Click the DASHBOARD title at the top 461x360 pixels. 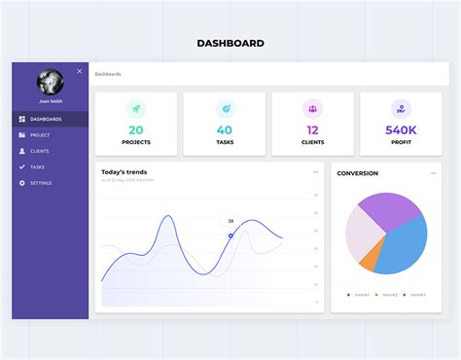click(230, 43)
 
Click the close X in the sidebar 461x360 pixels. click(80, 71)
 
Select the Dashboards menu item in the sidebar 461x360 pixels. click(46, 119)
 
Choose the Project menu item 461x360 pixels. click(40, 135)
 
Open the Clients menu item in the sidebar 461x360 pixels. click(40, 151)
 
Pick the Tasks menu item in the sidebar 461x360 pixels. click(37, 166)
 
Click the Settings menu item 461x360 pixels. click(41, 183)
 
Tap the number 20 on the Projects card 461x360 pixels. click(136, 129)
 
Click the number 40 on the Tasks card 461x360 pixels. click(225, 129)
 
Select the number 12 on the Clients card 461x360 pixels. click(312, 129)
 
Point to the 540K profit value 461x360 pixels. click(401, 129)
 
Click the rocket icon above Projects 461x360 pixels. click(136, 109)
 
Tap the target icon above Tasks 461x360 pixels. click(225, 109)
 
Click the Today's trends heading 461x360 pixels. click(124, 172)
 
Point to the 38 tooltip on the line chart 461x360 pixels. click(230, 221)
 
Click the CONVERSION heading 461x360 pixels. click(357, 173)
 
